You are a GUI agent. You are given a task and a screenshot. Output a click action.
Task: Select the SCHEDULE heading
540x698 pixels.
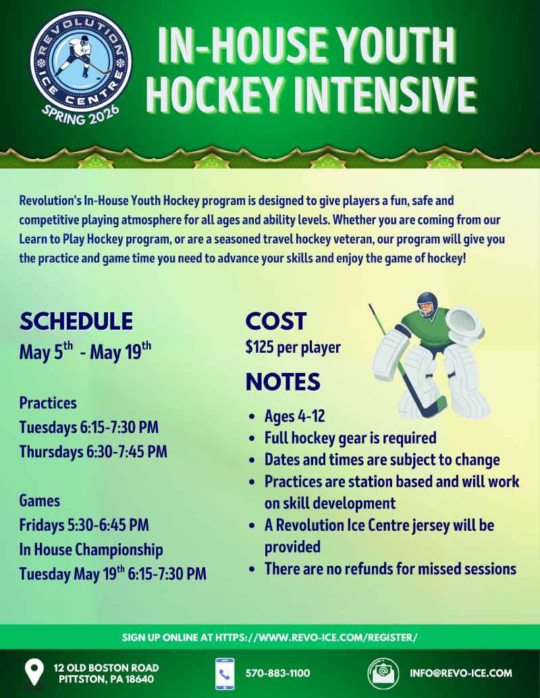tap(76, 322)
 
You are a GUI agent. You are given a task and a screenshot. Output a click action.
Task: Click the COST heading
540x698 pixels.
tap(276, 322)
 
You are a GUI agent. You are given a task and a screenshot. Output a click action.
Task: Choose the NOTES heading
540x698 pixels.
tap(283, 382)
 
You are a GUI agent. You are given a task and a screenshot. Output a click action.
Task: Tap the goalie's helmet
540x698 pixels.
tap(428, 304)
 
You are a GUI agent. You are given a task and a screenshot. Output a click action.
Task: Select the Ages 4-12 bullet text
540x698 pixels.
tap(294, 416)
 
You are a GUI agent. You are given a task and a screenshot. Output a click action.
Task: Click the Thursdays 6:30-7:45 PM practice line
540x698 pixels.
tap(93, 452)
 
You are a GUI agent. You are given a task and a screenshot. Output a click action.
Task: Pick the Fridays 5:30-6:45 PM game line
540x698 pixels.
tap(84, 525)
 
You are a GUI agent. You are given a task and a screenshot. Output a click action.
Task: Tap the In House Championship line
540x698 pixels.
tap(91, 550)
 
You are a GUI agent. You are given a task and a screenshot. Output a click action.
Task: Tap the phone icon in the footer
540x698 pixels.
tap(225, 674)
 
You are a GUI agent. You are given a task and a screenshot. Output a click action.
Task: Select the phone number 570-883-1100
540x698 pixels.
tap(278, 673)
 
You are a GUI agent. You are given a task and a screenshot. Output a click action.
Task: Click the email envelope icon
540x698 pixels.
tap(383, 674)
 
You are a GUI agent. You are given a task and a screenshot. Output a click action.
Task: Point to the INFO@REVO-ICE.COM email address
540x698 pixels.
tap(461, 673)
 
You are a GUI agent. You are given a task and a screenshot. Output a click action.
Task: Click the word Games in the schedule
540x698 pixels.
tap(40, 501)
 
